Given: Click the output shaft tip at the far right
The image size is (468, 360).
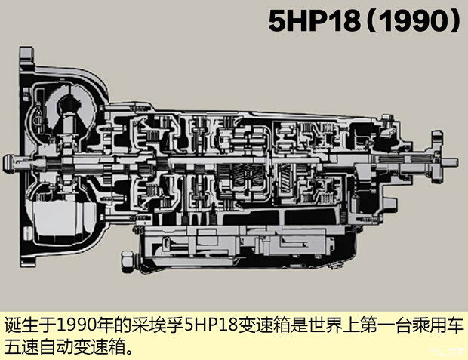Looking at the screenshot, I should pos(453,161).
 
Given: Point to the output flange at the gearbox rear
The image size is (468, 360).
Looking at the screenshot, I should pos(436,161).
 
